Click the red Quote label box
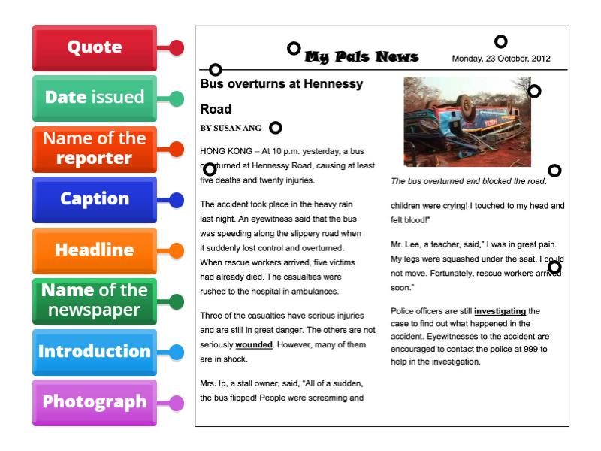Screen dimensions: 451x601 (x=95, y=47)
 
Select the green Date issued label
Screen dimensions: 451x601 (x=95, y=98)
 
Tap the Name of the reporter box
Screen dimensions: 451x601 (x=95, y=149)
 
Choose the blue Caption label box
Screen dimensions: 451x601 (x=95, y=200)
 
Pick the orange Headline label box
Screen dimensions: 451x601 (x=95, y=250)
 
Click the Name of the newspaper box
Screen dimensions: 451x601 (x=95, y=301)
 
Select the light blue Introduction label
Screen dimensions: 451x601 (x=95, y=352)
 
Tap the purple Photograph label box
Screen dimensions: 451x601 (x=95, y=402)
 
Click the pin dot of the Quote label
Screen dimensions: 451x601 (x=177, y=48)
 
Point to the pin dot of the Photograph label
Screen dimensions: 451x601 (x=177, y=403)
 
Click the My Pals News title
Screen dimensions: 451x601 (x=361, y=58)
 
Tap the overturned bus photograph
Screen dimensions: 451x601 (x=467, y=121)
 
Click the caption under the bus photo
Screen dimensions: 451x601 (x=468, y=181)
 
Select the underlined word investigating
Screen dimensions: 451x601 (x=500, y=310)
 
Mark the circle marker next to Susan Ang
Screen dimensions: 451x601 (x=276, y=128)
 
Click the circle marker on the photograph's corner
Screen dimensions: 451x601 (x=534, y=92)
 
